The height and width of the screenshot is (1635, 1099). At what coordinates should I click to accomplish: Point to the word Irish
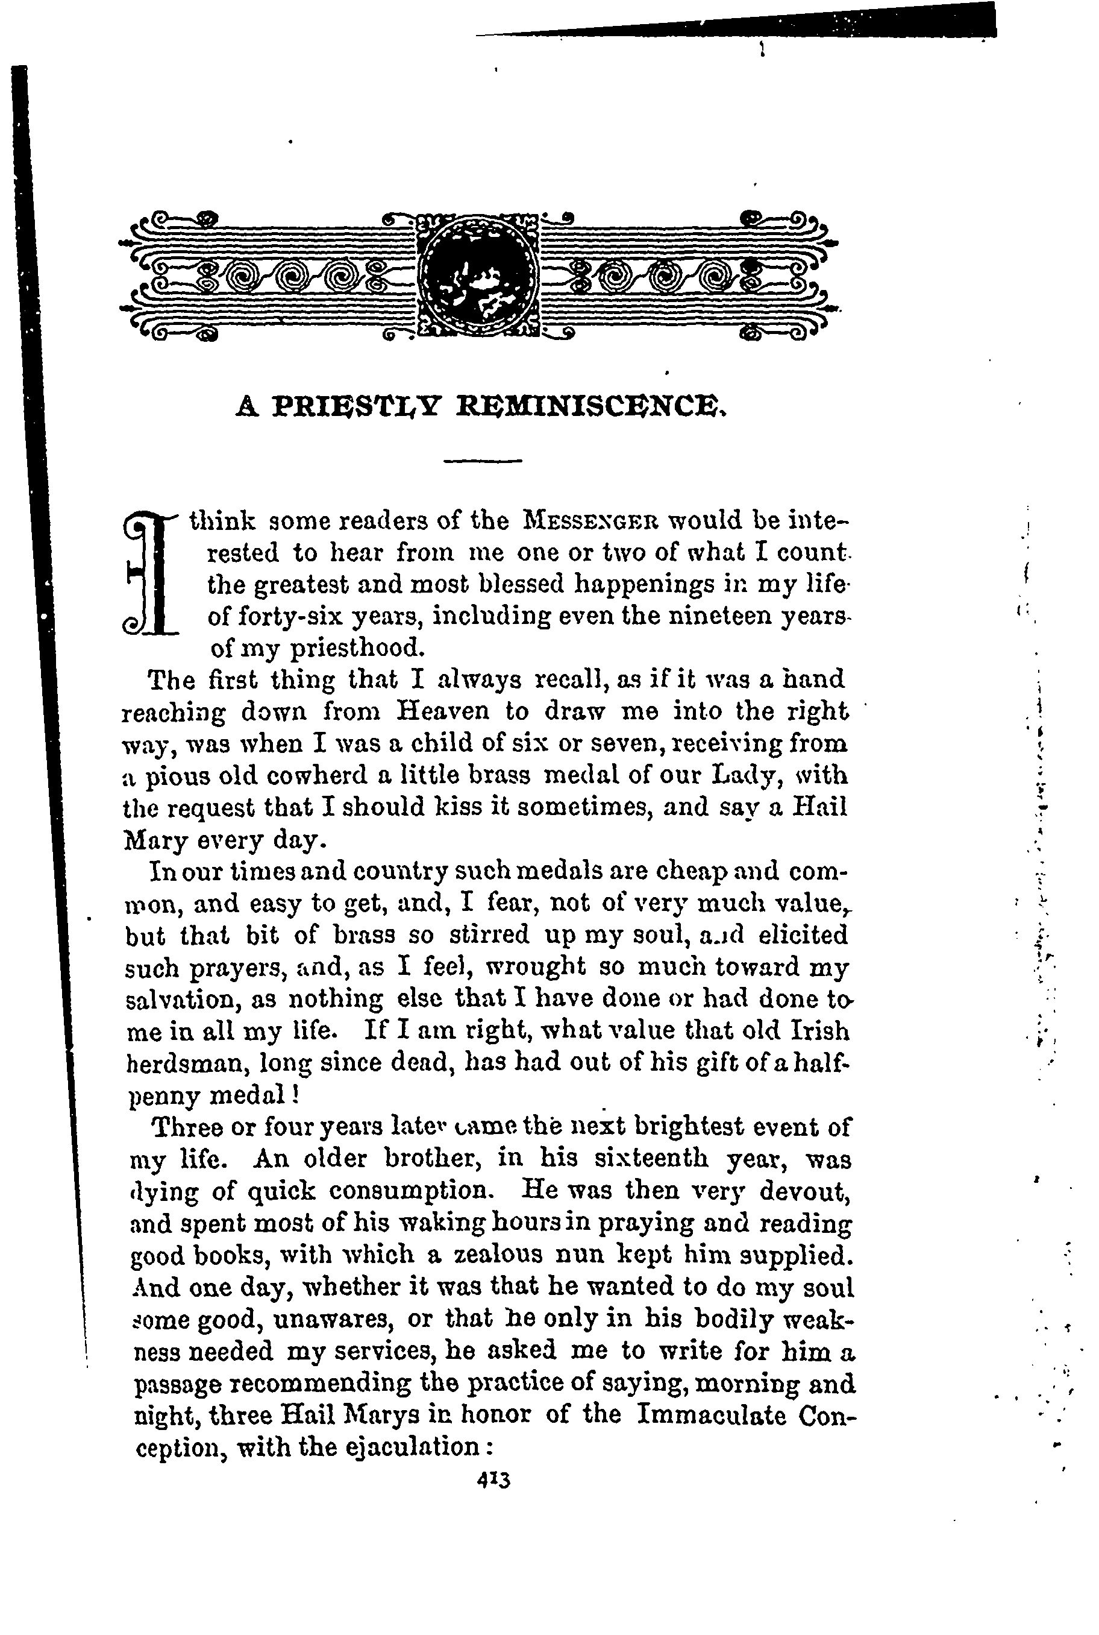[x=819, y=1032]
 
